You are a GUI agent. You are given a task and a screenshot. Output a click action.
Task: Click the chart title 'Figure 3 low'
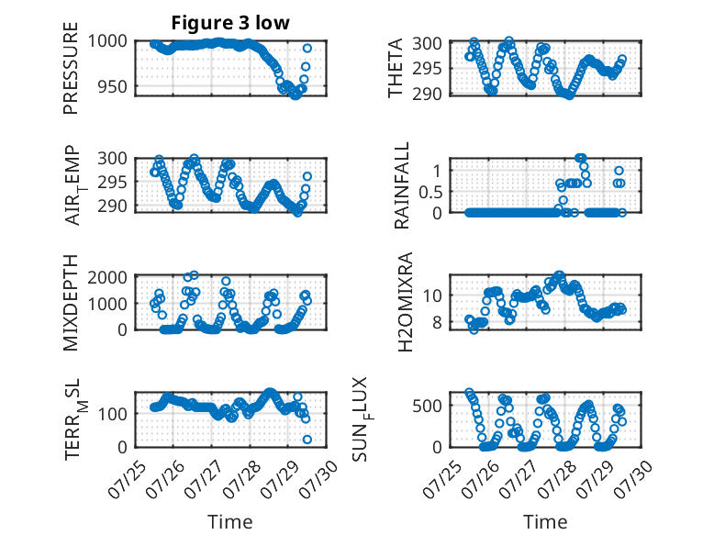pyautogui.click(x=230, y=23)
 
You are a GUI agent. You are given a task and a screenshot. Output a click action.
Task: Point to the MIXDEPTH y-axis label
pyautogui.click(x=71, y=304)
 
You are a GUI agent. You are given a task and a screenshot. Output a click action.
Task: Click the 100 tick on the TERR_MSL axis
pyautogui.click(x=115, y=413)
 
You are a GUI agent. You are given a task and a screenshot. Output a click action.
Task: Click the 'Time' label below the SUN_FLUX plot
pyautogui.click(x=545, y=522)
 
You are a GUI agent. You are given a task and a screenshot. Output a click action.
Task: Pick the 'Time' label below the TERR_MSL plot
pyautogui.click(x=230, y=522)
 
